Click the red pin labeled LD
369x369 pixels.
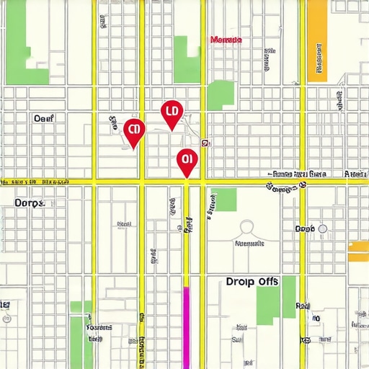click(172, 112)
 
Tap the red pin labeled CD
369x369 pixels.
click(133, 131)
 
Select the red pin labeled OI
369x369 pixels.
click(187, 160)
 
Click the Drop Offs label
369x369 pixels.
click(252, 281)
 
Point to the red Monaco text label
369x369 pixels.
click(226, 40)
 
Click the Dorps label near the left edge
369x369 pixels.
click(30, 203)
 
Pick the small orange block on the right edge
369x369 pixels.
click(358, 248)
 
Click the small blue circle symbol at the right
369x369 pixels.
click(322, 228)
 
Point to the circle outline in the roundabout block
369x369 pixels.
click(246, 228)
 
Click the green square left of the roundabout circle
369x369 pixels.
click(223, 200)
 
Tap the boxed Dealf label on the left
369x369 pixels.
click(44, 117)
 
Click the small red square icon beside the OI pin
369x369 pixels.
click(205, 143)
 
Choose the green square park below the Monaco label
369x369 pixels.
click(221, 95)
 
